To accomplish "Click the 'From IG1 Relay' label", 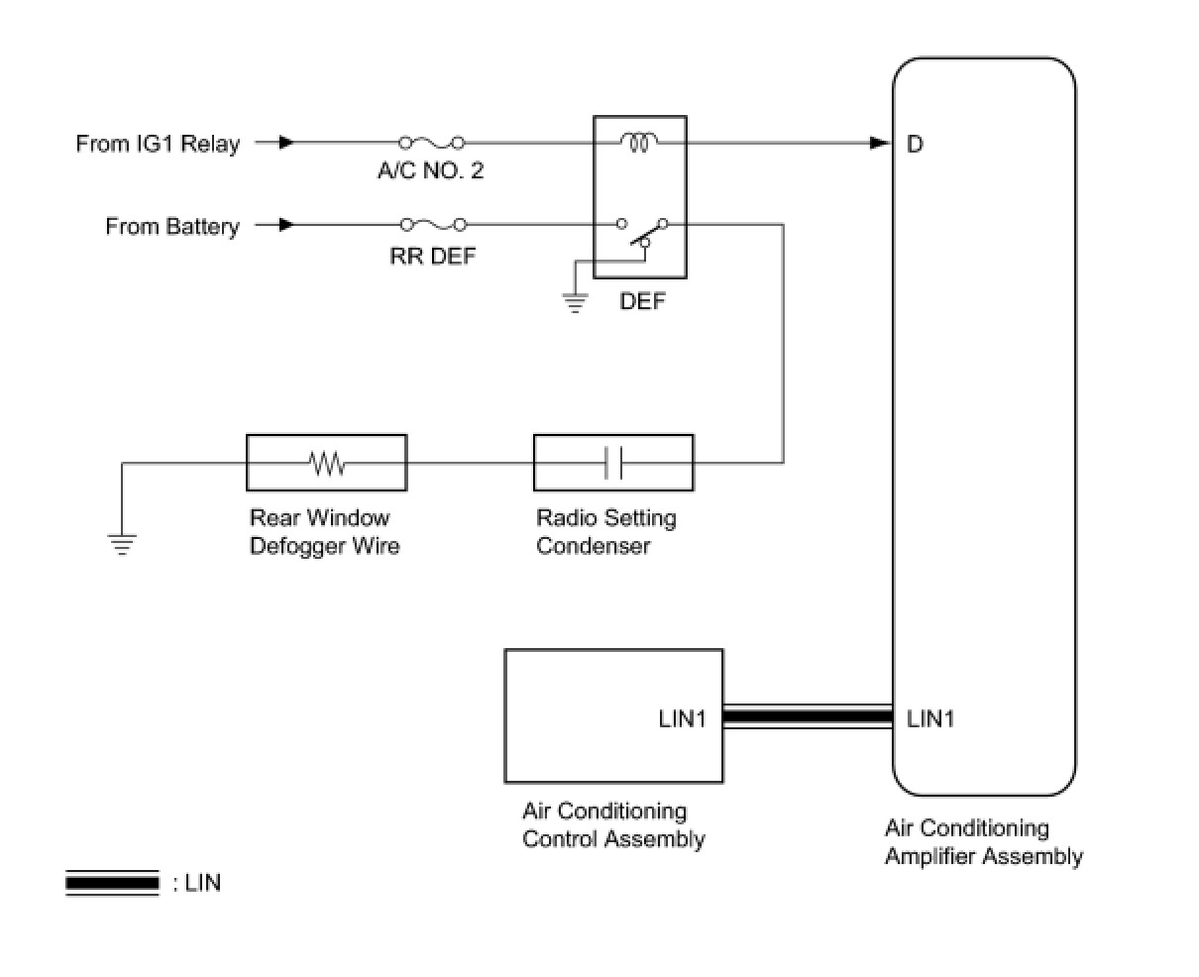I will pyautogui.click(x=158, y=144).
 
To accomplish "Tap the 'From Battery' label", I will pyautogui.click(x=172, y=227).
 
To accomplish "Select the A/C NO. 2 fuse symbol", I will pyautogui.click(x=431, y=143).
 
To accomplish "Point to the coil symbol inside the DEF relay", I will pyautogui.click(x=639, y=143).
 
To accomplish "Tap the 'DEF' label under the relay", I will pyautogui.click(x=642, y=300).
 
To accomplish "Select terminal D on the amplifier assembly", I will pyautogui.click(x=915, y=145).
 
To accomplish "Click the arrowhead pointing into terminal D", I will pyautogui.click(x=879, y=143).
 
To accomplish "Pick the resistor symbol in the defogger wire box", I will pyautogui.click(x=326, y=462).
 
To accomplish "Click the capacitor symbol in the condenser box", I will pyautogui.click(x=613, y=462).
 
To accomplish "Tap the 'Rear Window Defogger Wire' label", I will pyautogui.click(x=324, y=532).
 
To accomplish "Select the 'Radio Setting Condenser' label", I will pyautogui.click(x=605, y=532).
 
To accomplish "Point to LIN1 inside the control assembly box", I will pyautogui.click(x=682, y=718).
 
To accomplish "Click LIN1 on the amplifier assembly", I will pyautogui.click(x=930, y=718).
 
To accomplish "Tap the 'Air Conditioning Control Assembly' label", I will pyautogui.click(x=612, y=825).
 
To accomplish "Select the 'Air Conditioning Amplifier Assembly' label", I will pyautogui.click(x=983, y=842).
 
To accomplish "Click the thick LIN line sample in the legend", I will pyautogui.click(x=112, y=882).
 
